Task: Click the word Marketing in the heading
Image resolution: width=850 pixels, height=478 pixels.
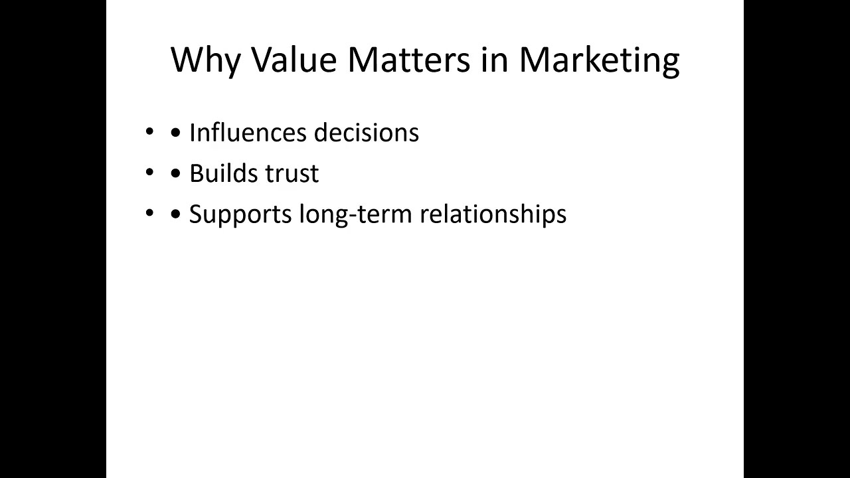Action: click(x=599, y=60)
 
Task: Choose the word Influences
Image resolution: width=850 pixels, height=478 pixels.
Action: click(x=248, y=133)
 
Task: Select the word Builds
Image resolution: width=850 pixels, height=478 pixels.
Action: click(x=224, y=173)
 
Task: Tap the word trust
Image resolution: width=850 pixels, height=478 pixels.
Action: click(x=292, y=173)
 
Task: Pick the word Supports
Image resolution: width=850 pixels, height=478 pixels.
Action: click(x=240, y=214)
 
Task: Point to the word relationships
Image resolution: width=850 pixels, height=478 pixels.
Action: click(x=493, y=214)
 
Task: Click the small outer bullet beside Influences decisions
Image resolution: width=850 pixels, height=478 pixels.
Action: click(x=149, y=133)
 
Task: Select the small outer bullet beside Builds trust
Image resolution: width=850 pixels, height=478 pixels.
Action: click(x=149, y=173)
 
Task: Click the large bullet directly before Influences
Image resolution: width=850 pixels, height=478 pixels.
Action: click(x=176, y=133)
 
